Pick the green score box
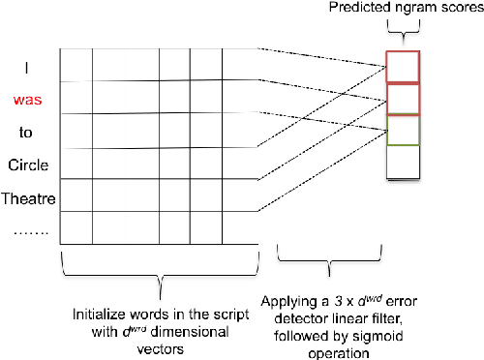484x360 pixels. pos(402,131)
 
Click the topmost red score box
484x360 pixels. pos(402,68)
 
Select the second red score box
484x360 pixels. pos(402,100)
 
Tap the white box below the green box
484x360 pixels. pos(402,163)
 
